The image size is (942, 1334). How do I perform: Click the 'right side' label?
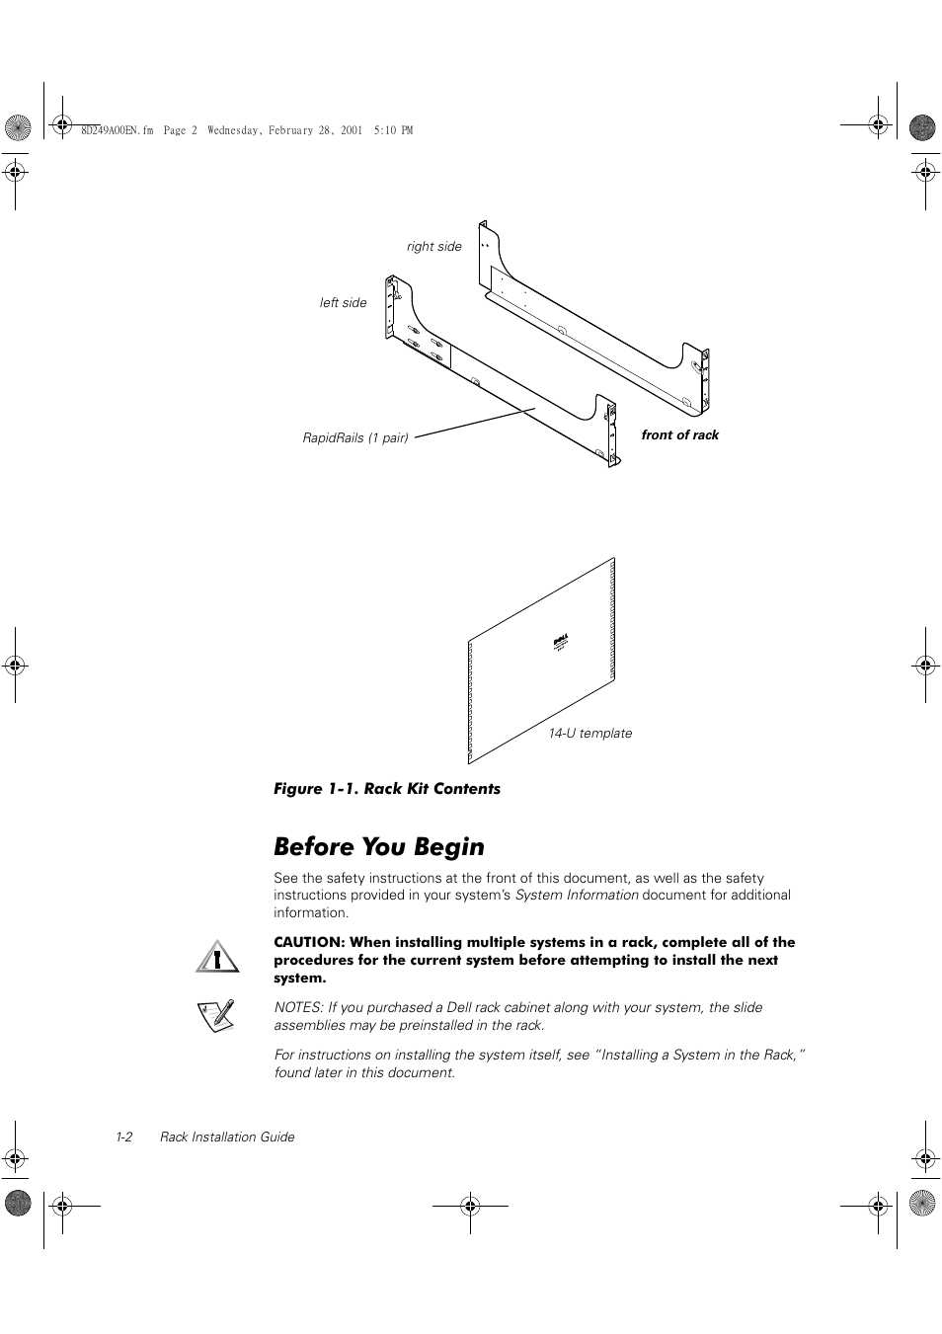coord(433,247)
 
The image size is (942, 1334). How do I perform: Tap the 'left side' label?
coord(343,303)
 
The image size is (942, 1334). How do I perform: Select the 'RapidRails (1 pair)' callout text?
coord(355,437)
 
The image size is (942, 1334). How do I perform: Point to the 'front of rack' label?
coord(679,435)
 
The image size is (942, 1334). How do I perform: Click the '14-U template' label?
coord(589,734)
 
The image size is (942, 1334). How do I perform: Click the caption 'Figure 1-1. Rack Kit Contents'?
coord(386,789)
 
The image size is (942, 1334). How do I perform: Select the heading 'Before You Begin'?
coord(379,847)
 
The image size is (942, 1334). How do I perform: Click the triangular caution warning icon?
coord(217,956)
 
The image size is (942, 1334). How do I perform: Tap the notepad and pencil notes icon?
coord(216,1015)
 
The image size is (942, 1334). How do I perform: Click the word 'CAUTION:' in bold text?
coord(308,943)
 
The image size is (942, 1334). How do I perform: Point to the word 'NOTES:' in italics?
coord(298,1008)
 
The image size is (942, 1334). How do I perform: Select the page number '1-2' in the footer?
coord(123,1138)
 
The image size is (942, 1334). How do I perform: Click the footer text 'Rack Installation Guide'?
coord(227,1138)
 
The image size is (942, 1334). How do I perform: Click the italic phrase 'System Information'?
coord(577,896)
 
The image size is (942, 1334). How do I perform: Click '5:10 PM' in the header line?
coord(394,130)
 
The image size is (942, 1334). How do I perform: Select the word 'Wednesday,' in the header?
coord(235,130)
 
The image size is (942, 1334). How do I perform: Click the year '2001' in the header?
coord(352,130)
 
